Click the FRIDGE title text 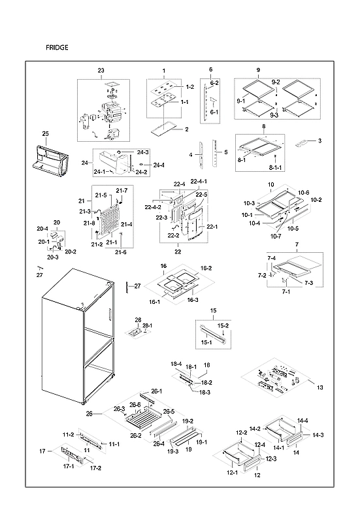[57, 48]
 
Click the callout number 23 [101, 71]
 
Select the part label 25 [45, 134]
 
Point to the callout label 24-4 [159, 165]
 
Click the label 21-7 [122, 190]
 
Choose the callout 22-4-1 [199, 181]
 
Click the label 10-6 [303, 192]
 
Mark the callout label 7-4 [271, 259]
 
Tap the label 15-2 [223, 325]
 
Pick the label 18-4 [176, 363]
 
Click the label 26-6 [134, 406]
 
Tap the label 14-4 [303, 420]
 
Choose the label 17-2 [95, 468]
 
